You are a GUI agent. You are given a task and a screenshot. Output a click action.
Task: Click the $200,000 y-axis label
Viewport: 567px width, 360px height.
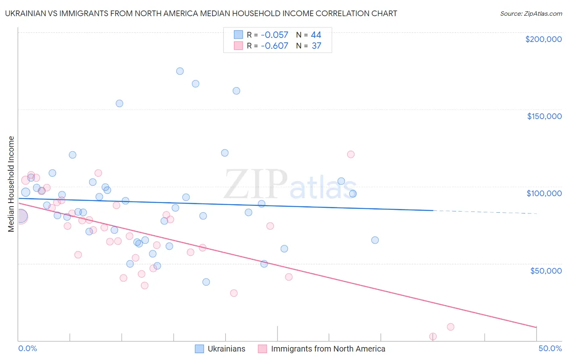pos(543,39)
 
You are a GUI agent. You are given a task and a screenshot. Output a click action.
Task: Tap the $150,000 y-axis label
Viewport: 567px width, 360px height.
pos(544,116)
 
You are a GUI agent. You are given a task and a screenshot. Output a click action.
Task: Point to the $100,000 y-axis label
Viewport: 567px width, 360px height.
pos(544,193)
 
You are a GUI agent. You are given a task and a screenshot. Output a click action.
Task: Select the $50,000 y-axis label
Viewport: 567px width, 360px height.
pos(546,270)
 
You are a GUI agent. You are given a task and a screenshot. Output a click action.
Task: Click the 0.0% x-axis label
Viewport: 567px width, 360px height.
pos(27,348)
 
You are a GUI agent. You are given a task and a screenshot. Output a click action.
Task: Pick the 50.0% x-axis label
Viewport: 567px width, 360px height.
pos(550,348)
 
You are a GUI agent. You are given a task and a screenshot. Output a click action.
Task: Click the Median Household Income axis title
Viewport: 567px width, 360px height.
pos(11,184)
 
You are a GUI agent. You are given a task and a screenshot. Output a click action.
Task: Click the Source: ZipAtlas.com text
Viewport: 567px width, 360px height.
pos(531,14)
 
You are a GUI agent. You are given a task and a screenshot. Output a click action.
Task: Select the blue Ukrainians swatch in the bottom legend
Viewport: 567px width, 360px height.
pos(200,349)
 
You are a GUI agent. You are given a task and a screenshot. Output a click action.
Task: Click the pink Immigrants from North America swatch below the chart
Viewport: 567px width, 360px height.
pos(263,349)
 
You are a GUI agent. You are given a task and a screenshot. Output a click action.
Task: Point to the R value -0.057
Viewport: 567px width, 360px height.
pos(274,35)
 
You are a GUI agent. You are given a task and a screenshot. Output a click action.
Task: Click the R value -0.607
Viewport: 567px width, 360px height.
pos(274,46)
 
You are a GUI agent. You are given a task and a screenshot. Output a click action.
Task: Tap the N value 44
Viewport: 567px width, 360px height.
pos(316,35)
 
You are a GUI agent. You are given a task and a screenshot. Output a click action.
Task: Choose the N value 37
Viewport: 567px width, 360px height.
pos(316,46)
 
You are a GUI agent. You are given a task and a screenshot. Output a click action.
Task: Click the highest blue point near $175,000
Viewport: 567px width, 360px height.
pos(180,71)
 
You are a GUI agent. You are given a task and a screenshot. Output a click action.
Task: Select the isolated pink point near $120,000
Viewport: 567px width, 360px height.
pos(351,154)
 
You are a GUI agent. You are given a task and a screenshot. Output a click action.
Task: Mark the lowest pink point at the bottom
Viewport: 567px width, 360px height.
pos(433,336)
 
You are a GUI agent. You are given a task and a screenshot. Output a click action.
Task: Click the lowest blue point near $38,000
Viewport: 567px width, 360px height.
pos(206,282)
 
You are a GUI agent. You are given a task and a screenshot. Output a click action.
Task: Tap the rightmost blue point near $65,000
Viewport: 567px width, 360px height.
pos(375,240)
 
